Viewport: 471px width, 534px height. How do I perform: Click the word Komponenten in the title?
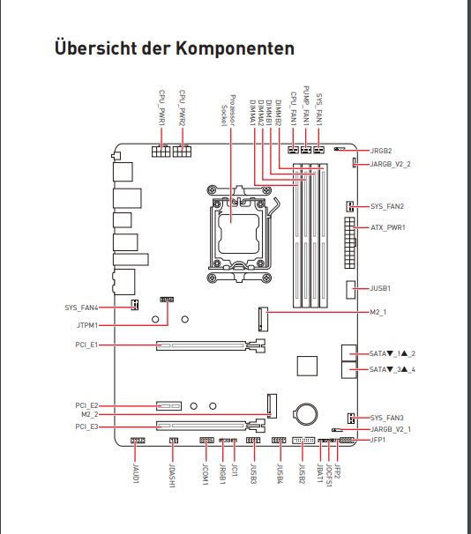pyautogui.click(x=235, y=48)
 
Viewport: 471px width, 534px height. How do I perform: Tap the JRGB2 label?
pyautogui.click(x=381, y=151)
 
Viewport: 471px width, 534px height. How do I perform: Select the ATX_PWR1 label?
pyautogui.click(x=388, y=227)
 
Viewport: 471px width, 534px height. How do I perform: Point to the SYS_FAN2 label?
pyautogui.click(x=387, y=206)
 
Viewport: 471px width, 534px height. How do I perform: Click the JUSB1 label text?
pyautogui.click(x=380, y=288)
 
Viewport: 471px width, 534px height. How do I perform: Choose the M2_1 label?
pyautogui.click(x=378, y=312)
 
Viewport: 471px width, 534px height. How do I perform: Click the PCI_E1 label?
pyautogui.click(x=86, y=345)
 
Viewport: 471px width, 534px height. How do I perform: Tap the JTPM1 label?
pyautogui.click(x=87, y=325)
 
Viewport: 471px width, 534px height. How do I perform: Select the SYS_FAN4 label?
pyautogui.click(x=81, y=308)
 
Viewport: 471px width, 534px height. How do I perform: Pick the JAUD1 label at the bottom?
pyautogui.click(x=135, y=473)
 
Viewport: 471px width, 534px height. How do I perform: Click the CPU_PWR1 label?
pyautogui.click(x=162, y=108)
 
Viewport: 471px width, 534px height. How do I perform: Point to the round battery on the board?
pyautogui.click(x=306, y=413)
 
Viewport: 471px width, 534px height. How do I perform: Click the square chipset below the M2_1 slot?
pyautogui.click(x=307, y=366)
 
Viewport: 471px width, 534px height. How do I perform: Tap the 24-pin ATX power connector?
pyautogui.click(x=349, y=243)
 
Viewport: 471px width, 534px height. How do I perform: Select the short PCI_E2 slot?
pyautogui.click(x=168, y=406)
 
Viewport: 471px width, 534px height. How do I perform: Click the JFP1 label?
pyautogui.click(x=378, y=440)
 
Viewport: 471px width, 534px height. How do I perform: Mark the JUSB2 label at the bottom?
pyautogui.click(x=303, y=473)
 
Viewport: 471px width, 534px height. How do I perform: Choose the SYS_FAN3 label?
pyautogui.click(x=387, y=418)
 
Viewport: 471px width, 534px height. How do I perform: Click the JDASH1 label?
pyautogui.click(x=173, y=476)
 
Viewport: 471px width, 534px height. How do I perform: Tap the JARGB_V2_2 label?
pyautogui.click(x=391, y=164)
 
